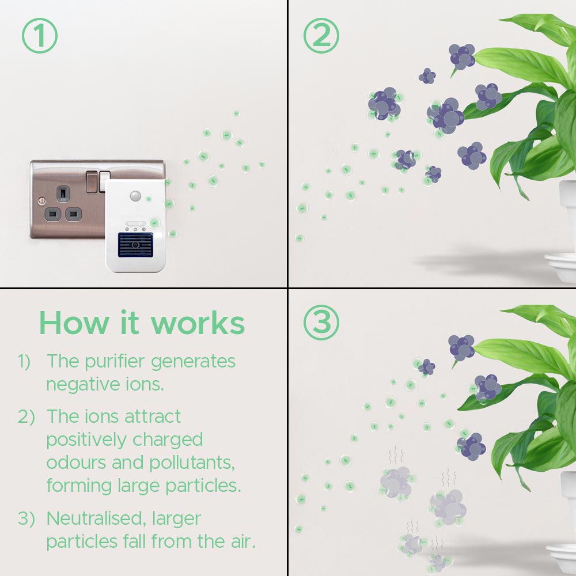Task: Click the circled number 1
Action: (40, 36)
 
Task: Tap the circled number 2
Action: (321, 36)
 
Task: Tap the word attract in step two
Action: (146, 416)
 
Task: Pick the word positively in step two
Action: (86, 439)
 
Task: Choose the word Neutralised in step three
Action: (96, 518)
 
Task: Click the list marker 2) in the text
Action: (26, 416)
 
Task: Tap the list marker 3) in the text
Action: (26, 518)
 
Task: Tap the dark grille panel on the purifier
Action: (135, 245)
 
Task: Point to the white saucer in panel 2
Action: (560, 268)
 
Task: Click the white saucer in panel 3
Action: (560, 556)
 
